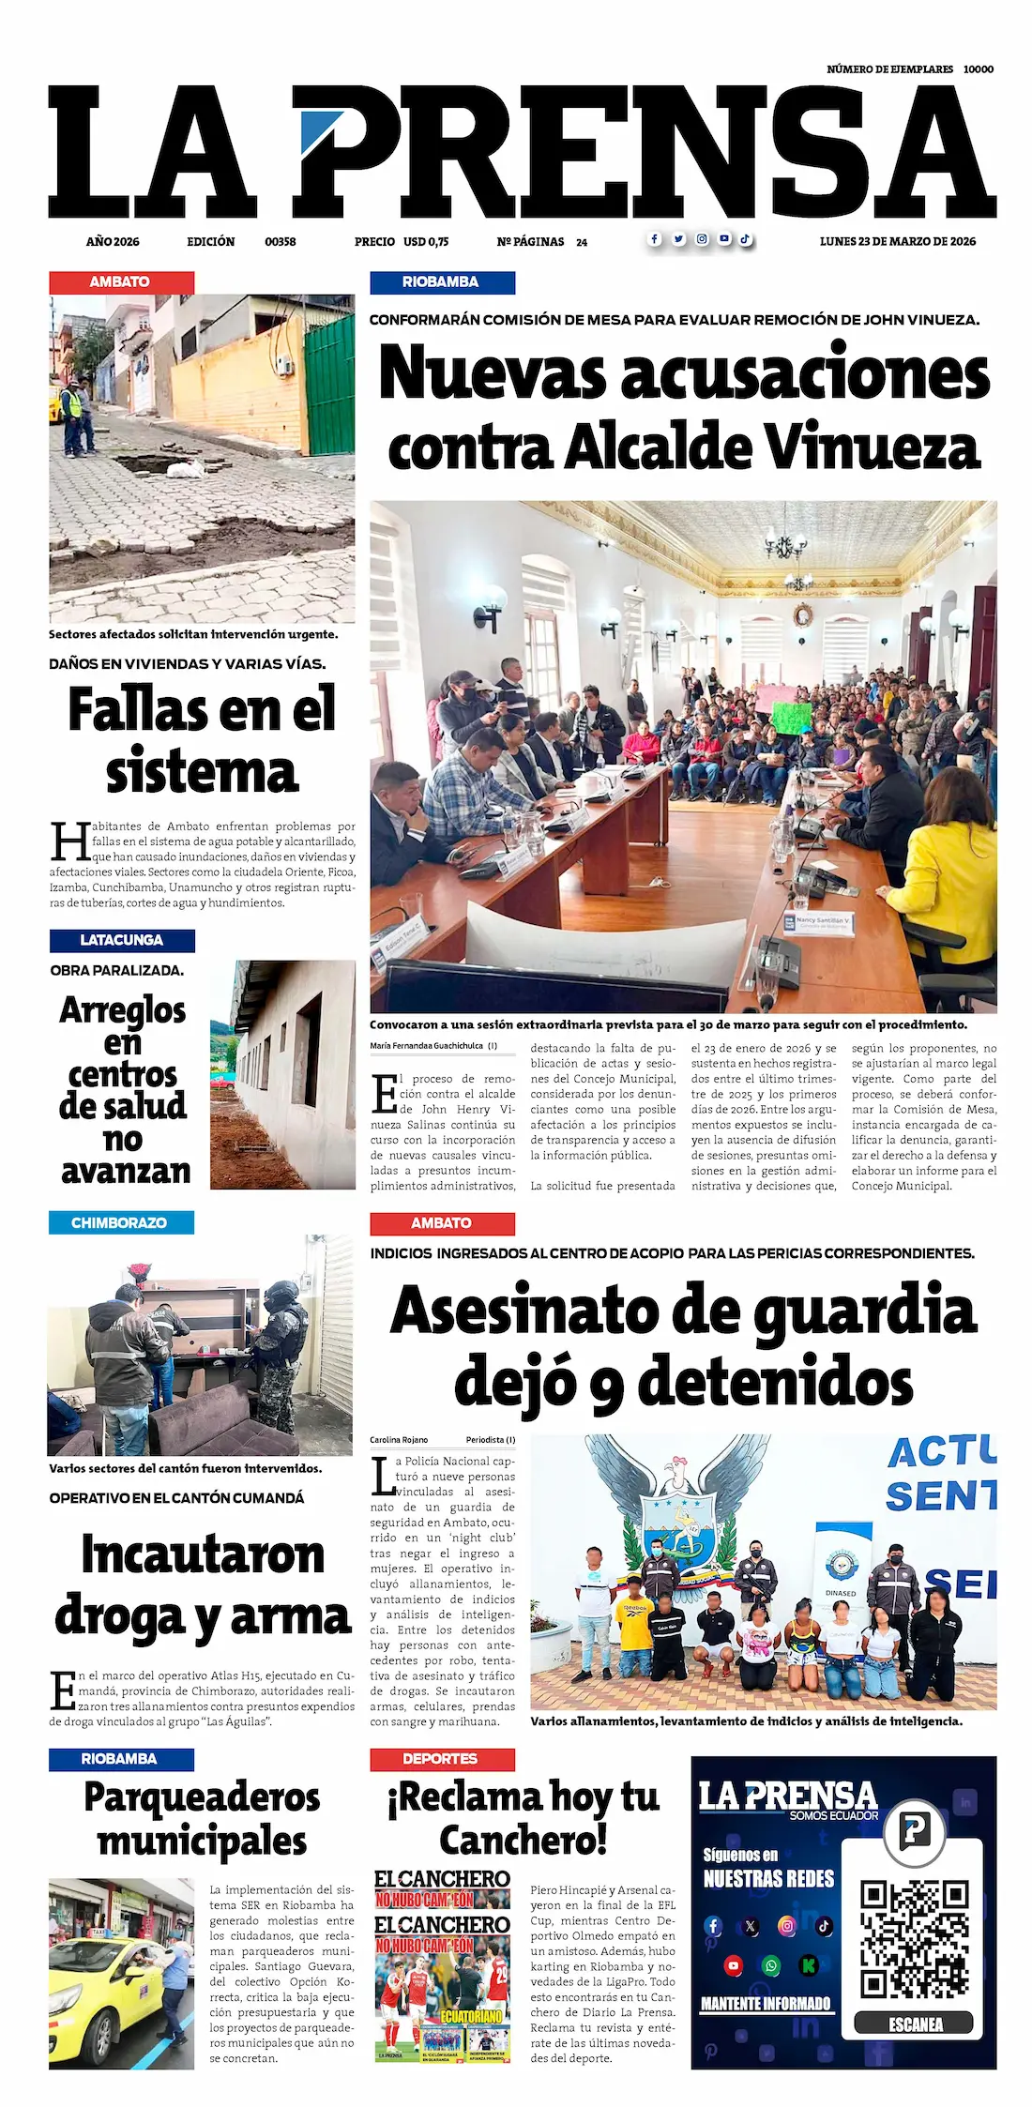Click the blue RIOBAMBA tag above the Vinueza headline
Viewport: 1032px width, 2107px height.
click(x=441, y=282)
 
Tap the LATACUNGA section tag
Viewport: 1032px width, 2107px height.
click(x=122, y=940)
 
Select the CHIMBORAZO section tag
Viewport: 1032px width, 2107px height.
click(x=120, y=1222)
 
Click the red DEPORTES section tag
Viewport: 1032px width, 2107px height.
click(x=441, y=1759)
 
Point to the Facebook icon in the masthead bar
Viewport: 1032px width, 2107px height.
click(x=655, y=239)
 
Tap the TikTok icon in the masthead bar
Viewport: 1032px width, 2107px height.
click(x=745, y=239)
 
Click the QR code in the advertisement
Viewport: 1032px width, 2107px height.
click(x=915, y=1938)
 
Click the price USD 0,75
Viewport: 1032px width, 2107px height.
click(x=426, y=242)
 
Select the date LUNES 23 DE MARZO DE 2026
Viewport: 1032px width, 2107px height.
click(x=897, y=241)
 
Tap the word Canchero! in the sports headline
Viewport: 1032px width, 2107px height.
click(x=523, y=1841)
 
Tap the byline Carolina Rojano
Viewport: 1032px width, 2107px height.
click(x=399, y=1440)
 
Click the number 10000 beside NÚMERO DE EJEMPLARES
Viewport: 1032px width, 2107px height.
click(x=979, y=69)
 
